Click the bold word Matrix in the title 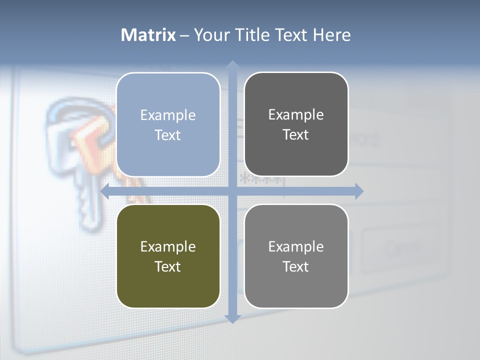[x=148, y=35]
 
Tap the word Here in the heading [x=332, y=35]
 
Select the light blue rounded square [x=168, y=124]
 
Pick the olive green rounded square [x=168, y=256]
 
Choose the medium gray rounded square [x=296, y=256]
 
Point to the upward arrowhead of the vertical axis [x=232, y=65]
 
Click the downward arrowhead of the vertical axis [x=232, y=318]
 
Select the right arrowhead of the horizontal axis [x=358, y=191]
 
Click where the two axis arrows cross [x=232, y=191]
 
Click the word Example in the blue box [x=168, y=115]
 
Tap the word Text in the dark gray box [x=296, y=134]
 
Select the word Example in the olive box [x=168, y=247]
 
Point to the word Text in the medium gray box [x=296, y=266]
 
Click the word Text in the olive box [x=168, y=266]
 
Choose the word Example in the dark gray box [x=296, y=115]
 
